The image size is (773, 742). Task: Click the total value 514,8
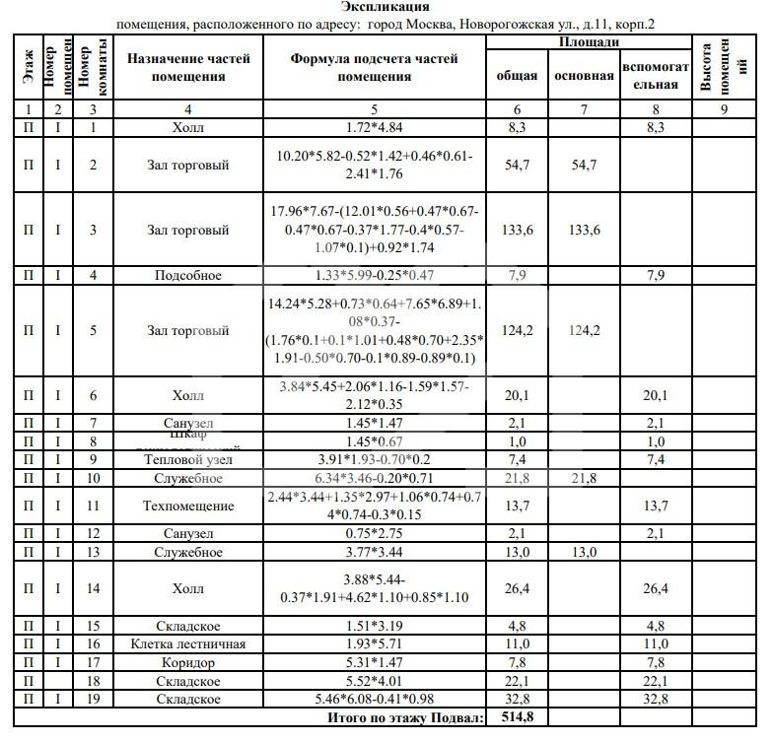point(516,717)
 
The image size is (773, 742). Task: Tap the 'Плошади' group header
point(590,42)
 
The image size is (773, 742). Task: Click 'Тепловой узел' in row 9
point(188,460)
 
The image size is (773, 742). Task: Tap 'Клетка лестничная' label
point(188,644)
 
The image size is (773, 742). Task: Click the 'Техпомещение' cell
point(188,506)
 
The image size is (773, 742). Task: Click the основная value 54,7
point(584,165)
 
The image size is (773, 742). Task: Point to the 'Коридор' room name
point(188,663)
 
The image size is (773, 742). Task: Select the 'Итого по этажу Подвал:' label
point(407,718)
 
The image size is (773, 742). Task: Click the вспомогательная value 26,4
point(655,589)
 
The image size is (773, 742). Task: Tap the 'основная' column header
point(584,76)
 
